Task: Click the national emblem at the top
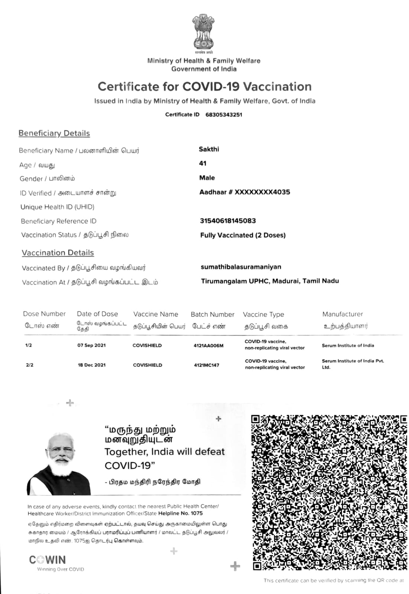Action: click(x=203, y=33)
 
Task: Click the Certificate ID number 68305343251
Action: click(x=224, y=115)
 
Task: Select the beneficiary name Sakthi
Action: click(x=209, y=149)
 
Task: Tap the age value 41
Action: click(x=203, y=163)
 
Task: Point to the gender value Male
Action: click(x=207, y=178)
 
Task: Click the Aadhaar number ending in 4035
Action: click(x=244, y=192)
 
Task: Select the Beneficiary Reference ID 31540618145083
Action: click(x=228, y=221)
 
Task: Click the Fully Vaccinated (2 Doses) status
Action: click(x=243, y=235)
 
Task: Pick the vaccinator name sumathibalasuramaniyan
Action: click(x=241, y=267)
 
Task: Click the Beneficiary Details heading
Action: click(x=54, y=133)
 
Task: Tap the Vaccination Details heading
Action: click(x=58, y=253)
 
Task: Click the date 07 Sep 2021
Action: click(x=91, y=345)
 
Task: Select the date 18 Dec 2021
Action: click(x=91, y=365)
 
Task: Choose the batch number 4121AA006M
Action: click(x=208, y=346)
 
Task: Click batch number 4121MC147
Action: click(x=207, y=365)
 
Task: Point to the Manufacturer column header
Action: click(x=343, y=314)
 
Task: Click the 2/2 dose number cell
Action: click(x=30, y=365)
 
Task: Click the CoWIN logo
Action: click(x=48, y=560)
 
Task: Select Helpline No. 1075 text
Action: click(x=181, y=513)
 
